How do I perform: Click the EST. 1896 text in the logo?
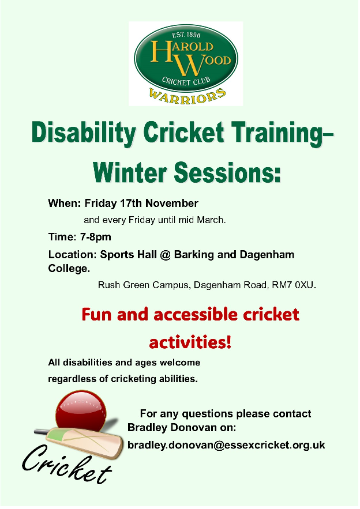(186, 35)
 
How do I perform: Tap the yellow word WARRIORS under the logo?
(187, 96)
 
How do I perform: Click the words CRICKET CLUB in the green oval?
(186, 81)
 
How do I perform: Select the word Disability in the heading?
(84, 133)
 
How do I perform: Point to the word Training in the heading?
(278, 133)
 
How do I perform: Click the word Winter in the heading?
(130, 172)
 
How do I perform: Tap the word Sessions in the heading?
(227, 172)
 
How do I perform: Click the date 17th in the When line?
(131, 203)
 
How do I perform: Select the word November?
(172, 203)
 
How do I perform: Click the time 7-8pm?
(96, 237)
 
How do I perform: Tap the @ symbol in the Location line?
(166, 255)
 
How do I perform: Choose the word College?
(69, 269)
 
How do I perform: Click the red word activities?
(190, 342)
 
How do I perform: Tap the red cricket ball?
(81, 410)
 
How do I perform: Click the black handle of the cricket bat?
(42, 432)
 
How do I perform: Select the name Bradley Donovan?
(171, 427)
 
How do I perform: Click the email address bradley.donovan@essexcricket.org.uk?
(226, 444)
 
